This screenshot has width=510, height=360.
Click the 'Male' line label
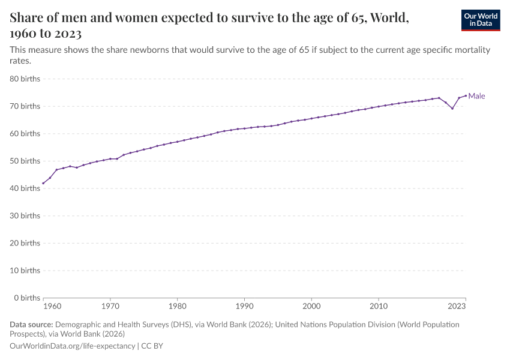(x=476, y=96)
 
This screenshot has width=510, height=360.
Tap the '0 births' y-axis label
(x=27, y=298)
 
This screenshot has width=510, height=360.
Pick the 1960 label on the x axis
(x=52, y=307)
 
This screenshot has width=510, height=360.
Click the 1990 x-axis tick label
(x=244, y=307)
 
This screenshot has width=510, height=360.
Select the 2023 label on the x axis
(x=457, y=307)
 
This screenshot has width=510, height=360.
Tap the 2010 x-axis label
(x=379, y=307)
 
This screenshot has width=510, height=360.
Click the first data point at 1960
(x=43, y=183)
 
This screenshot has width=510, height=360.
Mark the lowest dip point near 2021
(x=452, y=108)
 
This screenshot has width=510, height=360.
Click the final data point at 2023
(x=466, y=95)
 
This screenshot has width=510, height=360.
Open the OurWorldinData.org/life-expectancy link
(x=73, y=346)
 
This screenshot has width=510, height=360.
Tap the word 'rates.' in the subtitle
(x=20, y=61)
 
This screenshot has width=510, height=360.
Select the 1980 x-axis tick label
(x=177, y=307)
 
